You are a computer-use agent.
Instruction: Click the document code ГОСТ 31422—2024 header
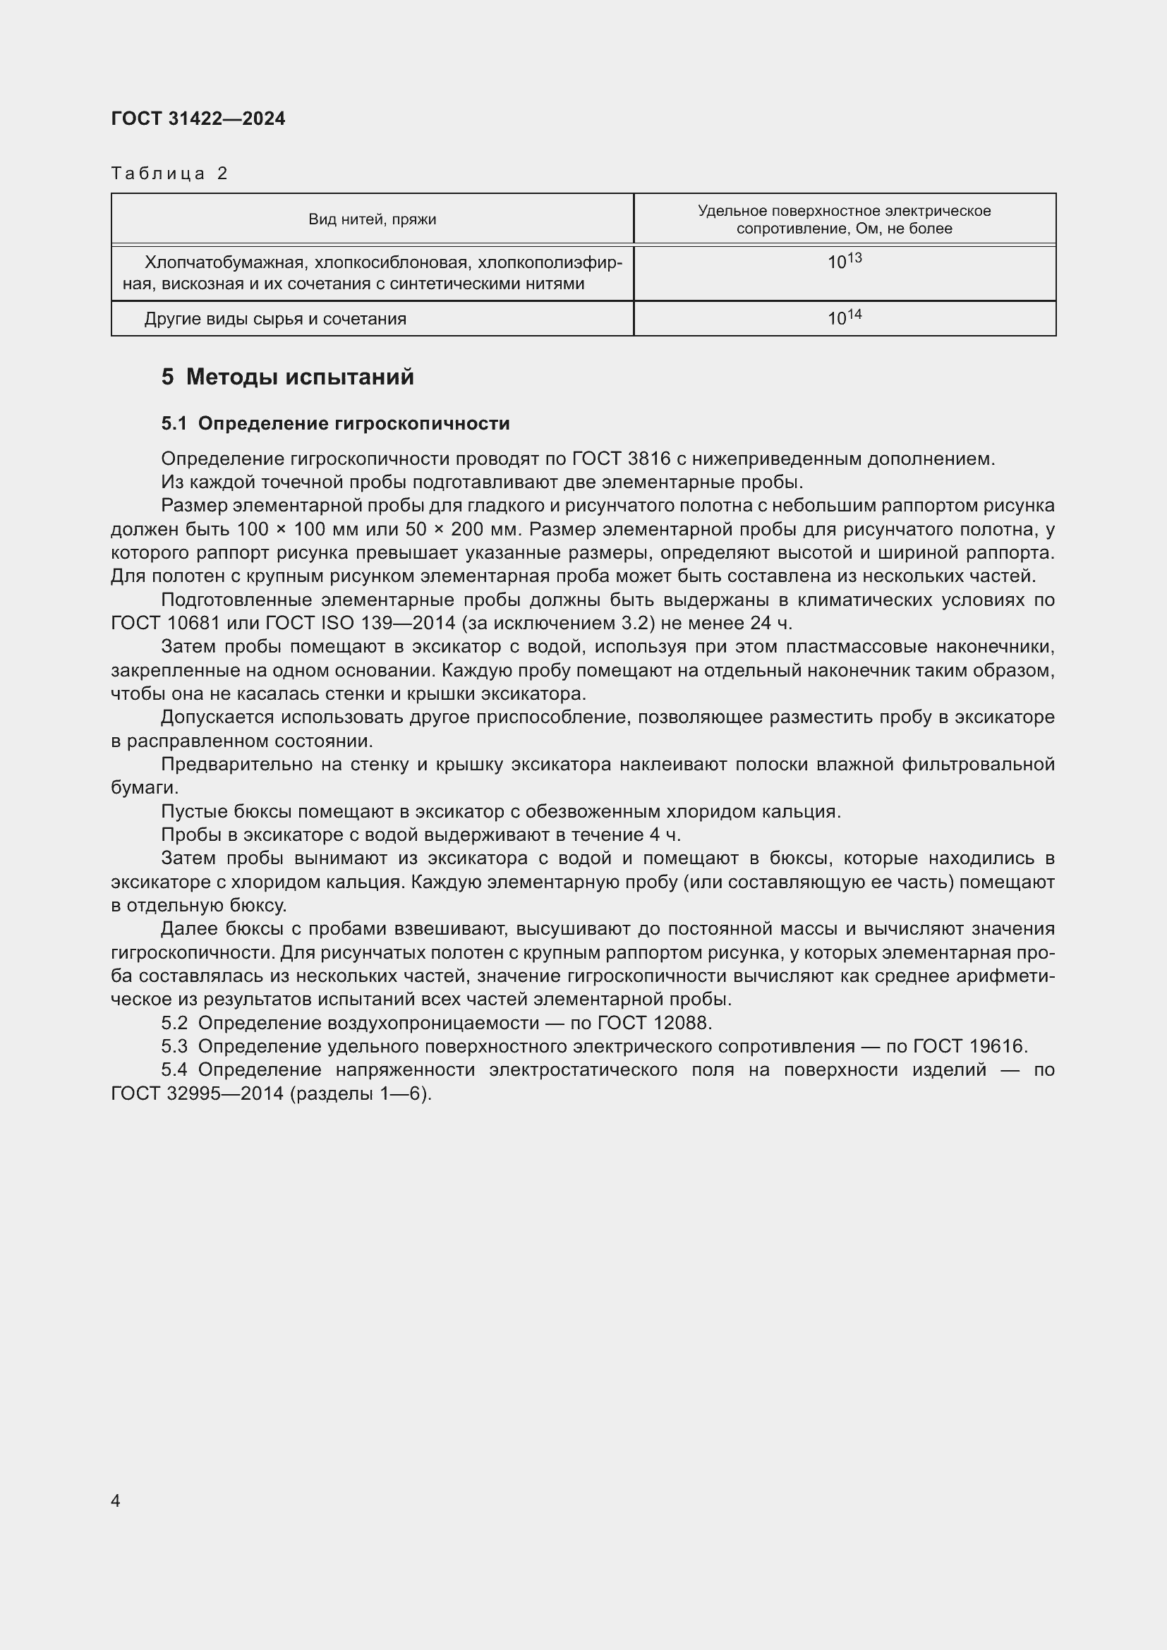tap(198, 119)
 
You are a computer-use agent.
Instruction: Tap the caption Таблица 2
tap(169, 174)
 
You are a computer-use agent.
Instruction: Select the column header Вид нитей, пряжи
tap(373, 219)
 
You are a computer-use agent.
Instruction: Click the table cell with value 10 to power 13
tap(845, 261)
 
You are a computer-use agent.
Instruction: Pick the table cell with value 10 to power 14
tap(845, 317)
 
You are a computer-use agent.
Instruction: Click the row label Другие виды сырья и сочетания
tap(275, 318)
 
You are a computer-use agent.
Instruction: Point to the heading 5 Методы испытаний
tap(287, 377)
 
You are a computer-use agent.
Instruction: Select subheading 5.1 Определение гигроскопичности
tap(336, 423)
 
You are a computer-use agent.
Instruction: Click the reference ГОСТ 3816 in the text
tap(622, 459)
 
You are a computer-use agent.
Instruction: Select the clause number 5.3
tap(174, 1045)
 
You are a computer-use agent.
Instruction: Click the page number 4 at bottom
tap(116, 1500)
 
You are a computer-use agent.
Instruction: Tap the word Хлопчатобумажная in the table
tap(224, 263)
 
